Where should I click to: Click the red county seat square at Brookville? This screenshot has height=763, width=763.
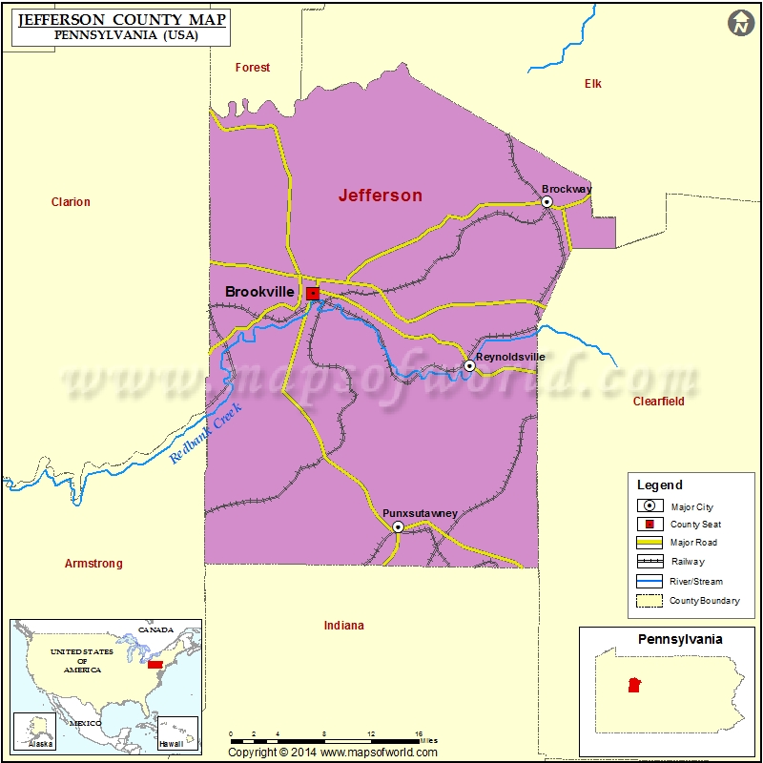(x=313, y=293)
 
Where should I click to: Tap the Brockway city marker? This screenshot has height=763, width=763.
(x=547, y=201)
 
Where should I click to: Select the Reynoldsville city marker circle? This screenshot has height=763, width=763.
(x=469, y=365)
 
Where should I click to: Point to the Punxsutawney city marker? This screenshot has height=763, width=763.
(x=398, y=526)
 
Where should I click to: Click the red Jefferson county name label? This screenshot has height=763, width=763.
(x=380, y=196)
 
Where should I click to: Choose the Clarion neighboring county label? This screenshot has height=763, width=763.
(x=71, y=202)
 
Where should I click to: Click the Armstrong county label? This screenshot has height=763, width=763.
(x=93, y=564)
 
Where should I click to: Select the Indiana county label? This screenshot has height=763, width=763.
(x=343, y=626)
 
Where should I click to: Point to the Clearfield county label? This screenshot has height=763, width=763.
(x=659, y=402)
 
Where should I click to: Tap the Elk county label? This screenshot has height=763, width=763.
(x=593, y=84)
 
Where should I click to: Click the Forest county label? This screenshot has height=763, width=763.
(x=253, y=68)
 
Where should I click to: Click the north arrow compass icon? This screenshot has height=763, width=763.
(x=741, y=24)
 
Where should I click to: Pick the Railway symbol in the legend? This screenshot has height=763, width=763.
(x=650, y=562)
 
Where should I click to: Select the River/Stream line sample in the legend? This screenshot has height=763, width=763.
(x=650, y=581)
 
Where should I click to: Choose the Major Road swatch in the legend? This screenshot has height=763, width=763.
(x=650, y=543)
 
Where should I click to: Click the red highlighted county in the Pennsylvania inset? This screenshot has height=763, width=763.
(x=632, y=685)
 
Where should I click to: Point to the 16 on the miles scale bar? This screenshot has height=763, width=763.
(x=418, y=735)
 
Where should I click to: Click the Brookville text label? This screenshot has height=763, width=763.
(x=259, y=292)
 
